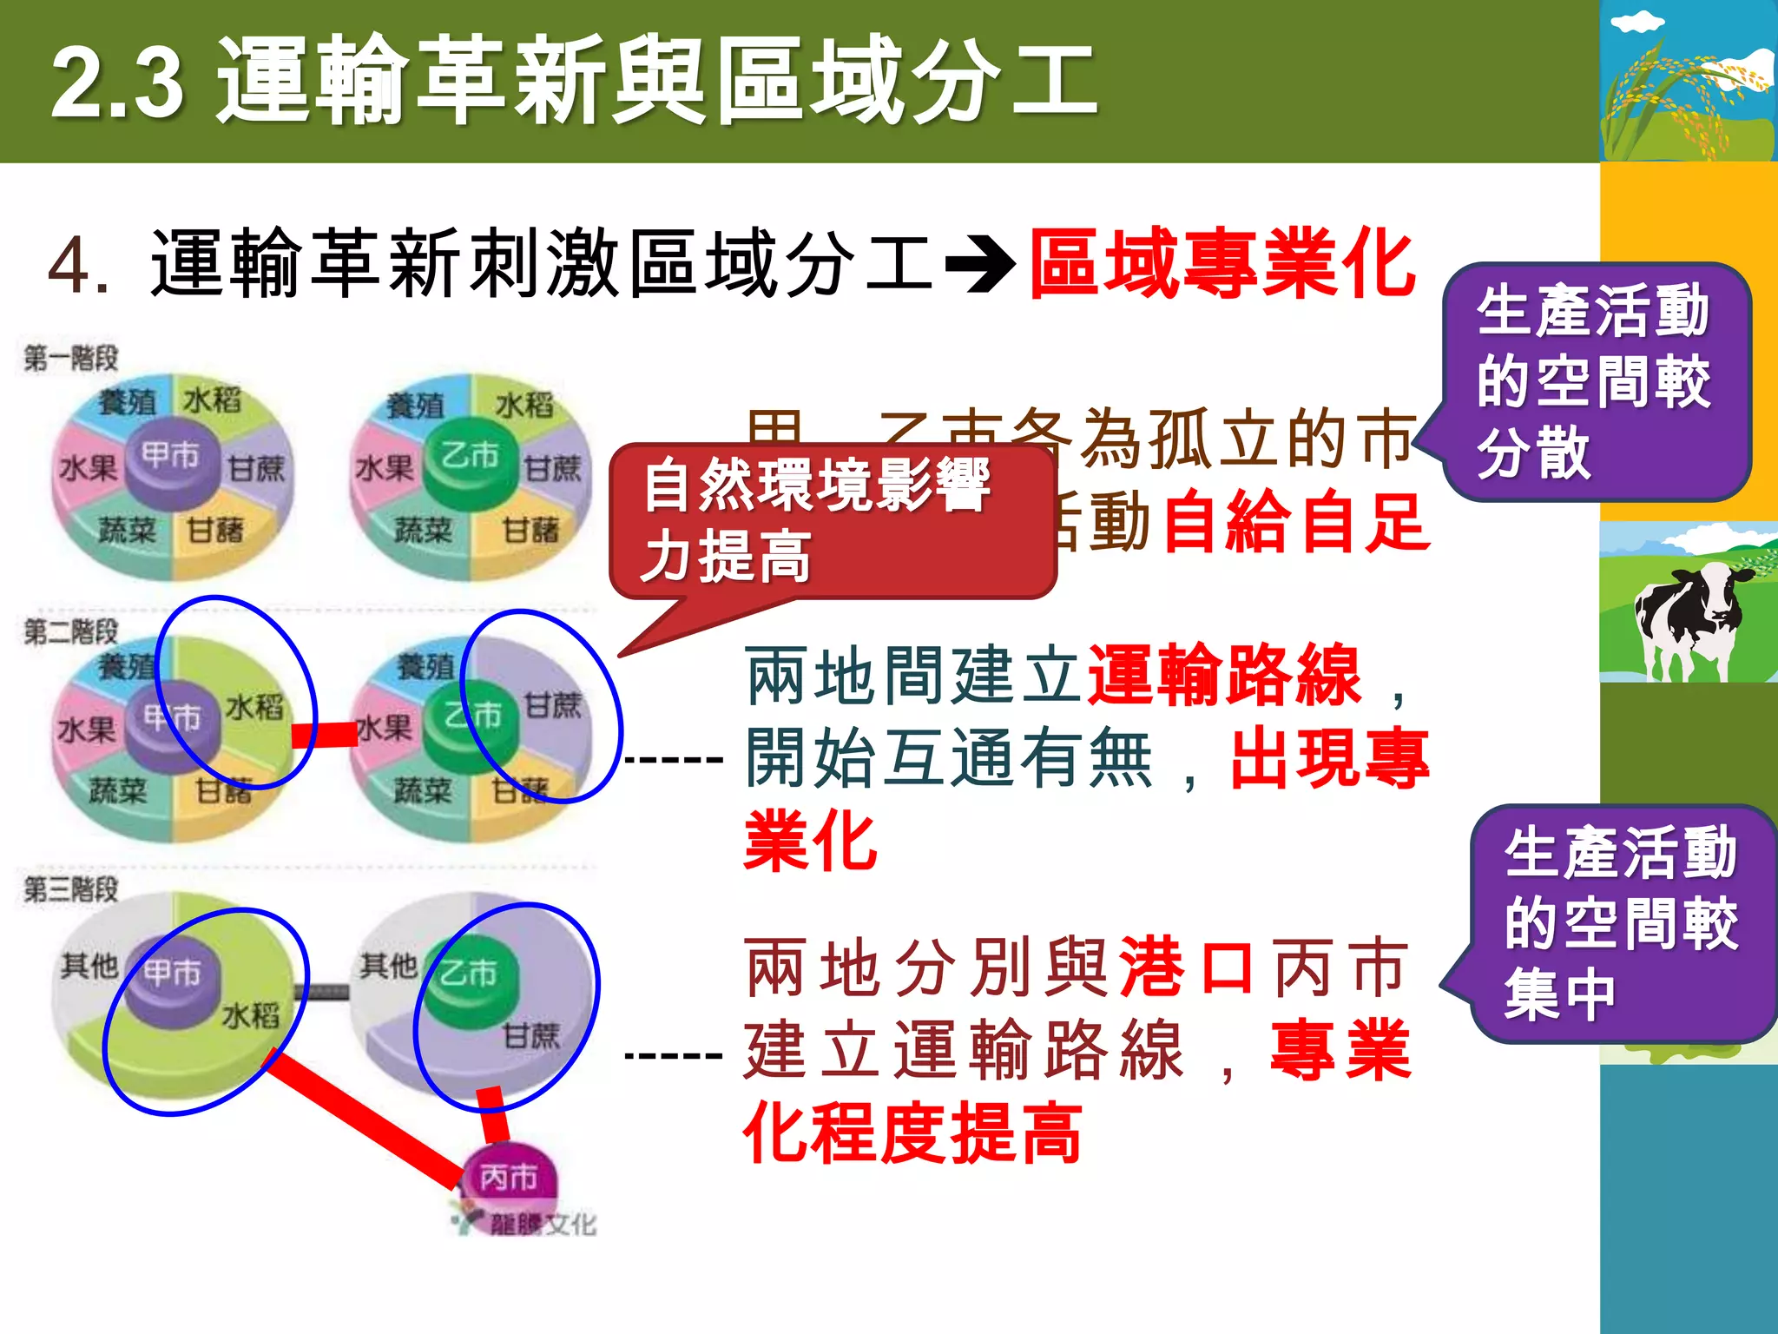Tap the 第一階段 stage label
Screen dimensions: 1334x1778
tap(70, 358)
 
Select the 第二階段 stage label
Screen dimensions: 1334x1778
tap(70, 631)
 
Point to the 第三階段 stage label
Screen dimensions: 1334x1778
tap(70, 888)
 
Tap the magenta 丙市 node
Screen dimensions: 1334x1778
tap(509, 1179)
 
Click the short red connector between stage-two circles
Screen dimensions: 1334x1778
tap(325, 735)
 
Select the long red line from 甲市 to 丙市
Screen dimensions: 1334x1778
tap(365, 1120)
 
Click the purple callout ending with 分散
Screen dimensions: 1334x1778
tap(1594, 382)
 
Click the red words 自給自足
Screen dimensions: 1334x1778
tap(1295, 523)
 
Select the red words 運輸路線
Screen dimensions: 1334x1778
tap(1224, 676)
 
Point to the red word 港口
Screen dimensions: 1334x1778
tap(1186, 967)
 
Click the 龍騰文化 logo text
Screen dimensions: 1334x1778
tap(543, 1225)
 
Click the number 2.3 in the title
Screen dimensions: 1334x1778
tap(117, 83)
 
